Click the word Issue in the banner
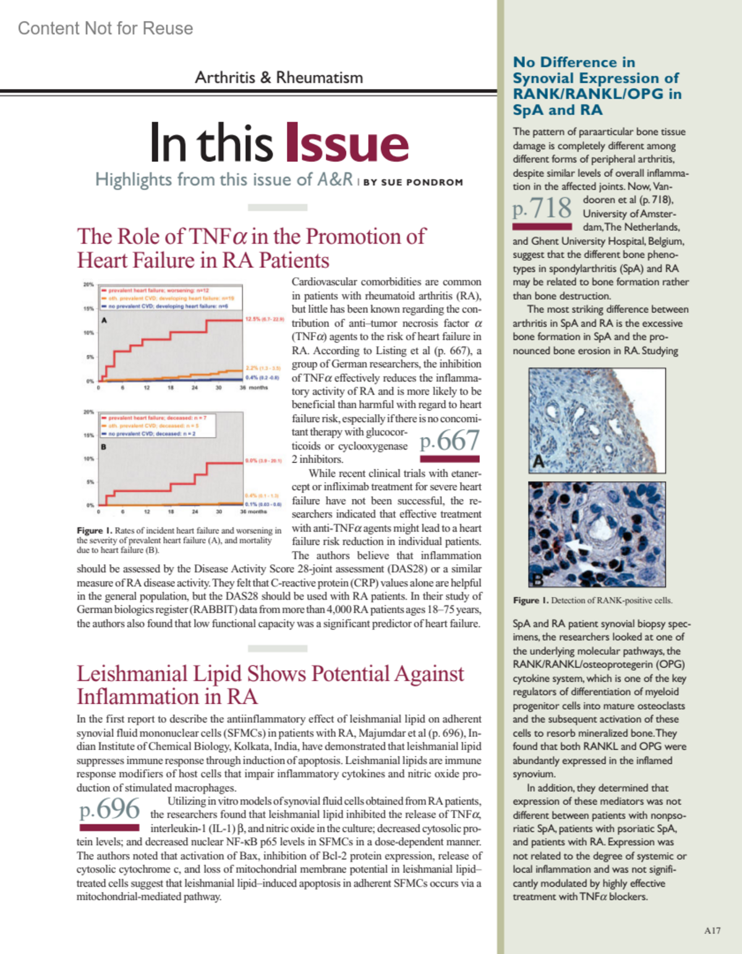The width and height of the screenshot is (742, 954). pyautogui.click(x=347, y=143)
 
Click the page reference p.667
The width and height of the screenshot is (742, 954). pyautogui.click(x=450, y=441)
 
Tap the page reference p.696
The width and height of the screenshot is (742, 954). pyautogui.click(x=109, y=809)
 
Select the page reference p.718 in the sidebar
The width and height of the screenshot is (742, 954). pyautogui.click(x=542, y=208)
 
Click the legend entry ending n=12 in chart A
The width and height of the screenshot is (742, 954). pyautogui.click(x=158, y=290)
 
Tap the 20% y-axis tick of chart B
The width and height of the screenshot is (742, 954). pyautogui.click(x=88, y=412)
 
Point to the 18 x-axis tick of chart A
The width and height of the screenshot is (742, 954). pyautogui.click(x=171, y=388)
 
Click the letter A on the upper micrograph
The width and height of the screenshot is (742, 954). pyautogui.click(x=538, y=462)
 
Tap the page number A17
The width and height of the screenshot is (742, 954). pyautogui.click(x=712, y=930)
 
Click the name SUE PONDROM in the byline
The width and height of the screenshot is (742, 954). pyautogui.click(x=422, y=182)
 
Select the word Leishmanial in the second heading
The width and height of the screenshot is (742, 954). pyautogui.click(x=132, y=674)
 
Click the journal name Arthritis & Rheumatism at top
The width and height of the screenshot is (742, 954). pyautogui.click(x=279, y=77)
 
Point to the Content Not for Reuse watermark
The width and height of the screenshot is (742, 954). pyautogui.click(x=106, y=28)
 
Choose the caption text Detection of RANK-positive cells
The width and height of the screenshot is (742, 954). pyautogui.click(x=611, y=600)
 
